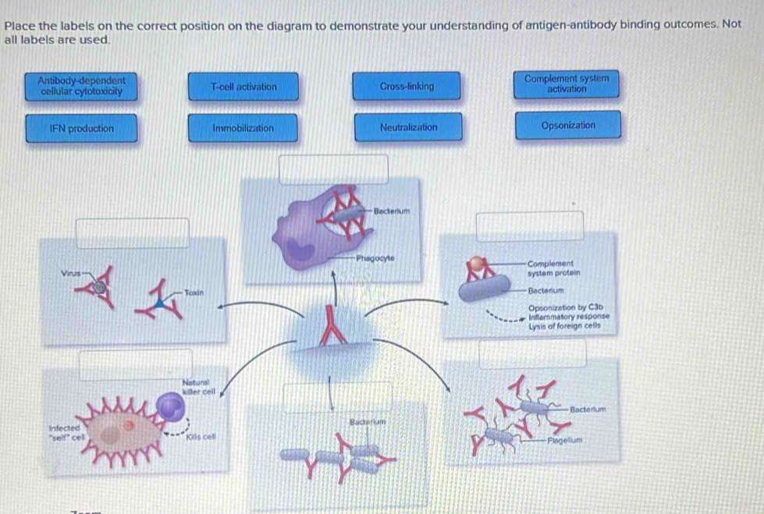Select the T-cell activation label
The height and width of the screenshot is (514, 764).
[x=243, y=87]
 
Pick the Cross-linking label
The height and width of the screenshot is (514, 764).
[x=407, y=87]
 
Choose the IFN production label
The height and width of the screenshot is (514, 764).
[x=81, y=128]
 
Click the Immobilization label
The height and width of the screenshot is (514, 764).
[x=243, y=128]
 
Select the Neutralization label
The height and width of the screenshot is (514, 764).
[x=408, y=127]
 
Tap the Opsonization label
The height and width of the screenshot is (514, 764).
[x=567, y=126]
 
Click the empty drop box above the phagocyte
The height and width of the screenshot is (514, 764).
[x=333, y=169]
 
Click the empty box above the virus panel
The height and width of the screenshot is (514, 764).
[x=132, y=232]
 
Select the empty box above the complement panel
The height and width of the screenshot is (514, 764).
[x=530, y=225]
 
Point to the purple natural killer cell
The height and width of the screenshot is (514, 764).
[x=171, y=406]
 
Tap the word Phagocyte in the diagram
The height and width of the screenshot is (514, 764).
[x=375, y=257]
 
